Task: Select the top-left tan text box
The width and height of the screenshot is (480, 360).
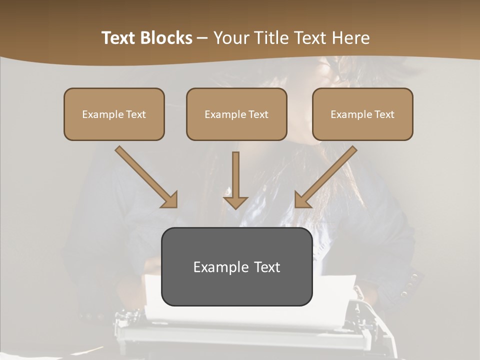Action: point(114,114)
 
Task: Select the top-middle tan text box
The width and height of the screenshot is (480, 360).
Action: point(236,114)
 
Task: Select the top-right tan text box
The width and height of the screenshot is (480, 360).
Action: point(362,114)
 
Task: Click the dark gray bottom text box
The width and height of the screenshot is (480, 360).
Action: point(236,266)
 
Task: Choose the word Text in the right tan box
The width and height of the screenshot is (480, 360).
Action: point(384,114)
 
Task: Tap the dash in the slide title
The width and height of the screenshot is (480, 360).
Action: point(203,38)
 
